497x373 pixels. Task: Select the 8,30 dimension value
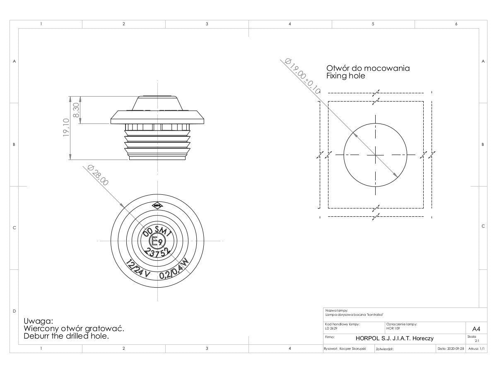75,110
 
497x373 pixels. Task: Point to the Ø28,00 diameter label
98,175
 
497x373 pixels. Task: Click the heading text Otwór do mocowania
368,68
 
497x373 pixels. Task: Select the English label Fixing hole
345,76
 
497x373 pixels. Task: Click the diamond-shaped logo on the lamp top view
157,204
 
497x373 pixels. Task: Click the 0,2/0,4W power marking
174,270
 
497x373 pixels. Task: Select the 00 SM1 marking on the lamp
157,231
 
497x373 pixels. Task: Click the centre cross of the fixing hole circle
375,155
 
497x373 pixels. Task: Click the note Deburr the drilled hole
66,336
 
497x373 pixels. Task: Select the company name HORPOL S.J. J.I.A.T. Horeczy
394,338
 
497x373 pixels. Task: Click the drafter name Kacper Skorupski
352,349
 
